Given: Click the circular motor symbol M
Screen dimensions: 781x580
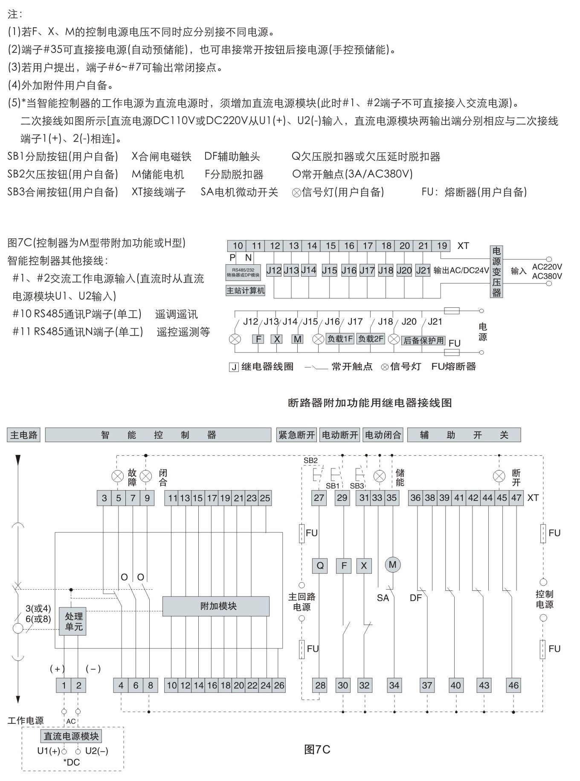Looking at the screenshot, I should (x=393, y=565).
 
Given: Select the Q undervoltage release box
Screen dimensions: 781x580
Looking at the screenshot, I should (x=320, y=566).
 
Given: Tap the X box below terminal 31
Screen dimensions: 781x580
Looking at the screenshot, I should (x=364, y=566).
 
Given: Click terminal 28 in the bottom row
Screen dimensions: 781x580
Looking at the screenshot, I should (x=320, y=686).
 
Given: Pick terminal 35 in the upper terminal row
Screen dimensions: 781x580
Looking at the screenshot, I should (x=391, y=498).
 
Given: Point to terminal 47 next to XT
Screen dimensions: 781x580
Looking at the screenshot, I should (x=516, y=498).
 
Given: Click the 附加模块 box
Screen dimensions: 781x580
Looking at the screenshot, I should (x=216, y=606).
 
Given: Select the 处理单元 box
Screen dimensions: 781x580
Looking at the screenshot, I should (x=73, y=622).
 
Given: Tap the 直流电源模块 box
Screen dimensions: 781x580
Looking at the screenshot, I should (x=71, y=736).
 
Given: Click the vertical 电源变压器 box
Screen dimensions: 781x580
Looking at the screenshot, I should (x=496, y=272).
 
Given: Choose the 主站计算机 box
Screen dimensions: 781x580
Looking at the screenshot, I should (x=245, y=291).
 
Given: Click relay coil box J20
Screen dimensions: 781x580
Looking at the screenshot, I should (x=404, y=270).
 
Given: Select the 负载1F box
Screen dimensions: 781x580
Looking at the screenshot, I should (x=340, y=339).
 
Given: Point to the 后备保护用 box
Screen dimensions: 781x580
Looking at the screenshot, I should (x=423, y=340).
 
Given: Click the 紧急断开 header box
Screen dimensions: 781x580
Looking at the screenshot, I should (x=296, y=435).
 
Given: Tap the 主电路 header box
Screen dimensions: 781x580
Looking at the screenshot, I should (x=24, y=435).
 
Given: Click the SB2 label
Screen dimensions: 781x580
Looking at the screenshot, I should (x=310, y=460).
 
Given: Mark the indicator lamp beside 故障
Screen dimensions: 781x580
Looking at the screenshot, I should (x=118, y=476).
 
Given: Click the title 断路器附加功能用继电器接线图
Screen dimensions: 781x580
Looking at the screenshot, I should (x=370, y=403).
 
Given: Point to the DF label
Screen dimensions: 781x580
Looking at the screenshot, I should (x=415, y=598).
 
